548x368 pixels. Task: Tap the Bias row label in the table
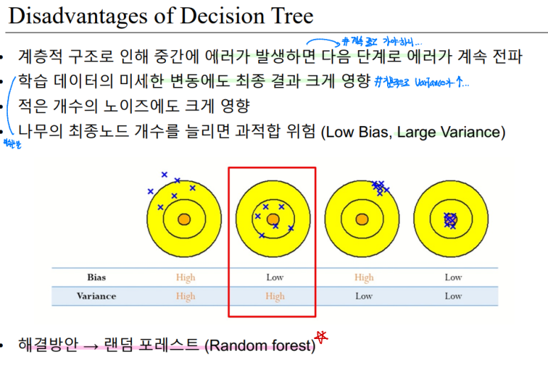96,277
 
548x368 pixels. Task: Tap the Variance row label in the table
96,296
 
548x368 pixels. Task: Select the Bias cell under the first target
185,277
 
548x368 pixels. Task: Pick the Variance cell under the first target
185,296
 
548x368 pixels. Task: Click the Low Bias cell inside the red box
274,277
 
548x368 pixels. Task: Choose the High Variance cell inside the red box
274,297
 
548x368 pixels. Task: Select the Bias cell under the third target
364,277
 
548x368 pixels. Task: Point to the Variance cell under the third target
364,296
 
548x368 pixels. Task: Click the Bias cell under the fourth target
453,277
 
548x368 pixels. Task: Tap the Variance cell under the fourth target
453,296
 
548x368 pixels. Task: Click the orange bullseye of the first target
184,219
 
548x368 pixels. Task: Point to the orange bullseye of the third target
362,219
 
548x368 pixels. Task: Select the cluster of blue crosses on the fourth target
450,220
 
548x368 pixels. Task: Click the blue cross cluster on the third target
379,188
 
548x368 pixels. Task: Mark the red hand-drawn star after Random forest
323,337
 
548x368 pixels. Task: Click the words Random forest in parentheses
259,346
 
